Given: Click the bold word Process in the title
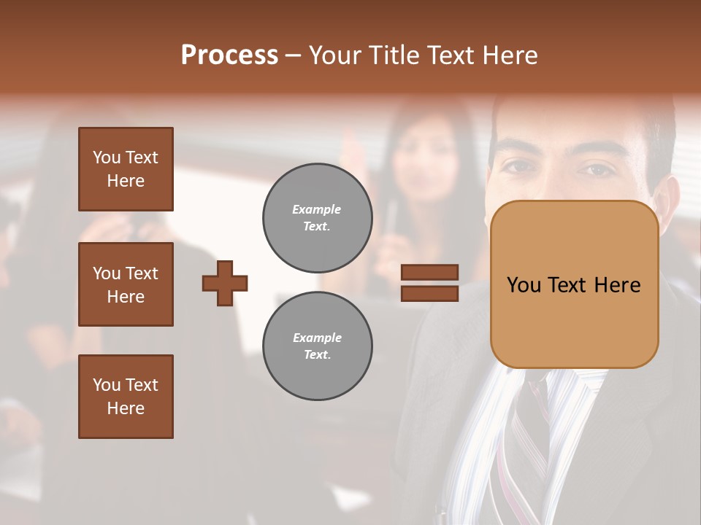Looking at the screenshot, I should [x=229, y=55].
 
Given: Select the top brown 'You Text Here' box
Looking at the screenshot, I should [x=126, y=169].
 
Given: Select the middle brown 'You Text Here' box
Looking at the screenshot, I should [x=126, y=284].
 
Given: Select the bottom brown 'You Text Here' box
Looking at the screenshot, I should [x=126, y=396].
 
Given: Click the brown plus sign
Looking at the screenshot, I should [x=225, y=283].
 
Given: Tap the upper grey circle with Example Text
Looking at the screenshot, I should [x=318, y=218].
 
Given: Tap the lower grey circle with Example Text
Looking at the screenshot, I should [x=318, y=346].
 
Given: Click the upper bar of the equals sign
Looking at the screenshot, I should [x=430, y=273].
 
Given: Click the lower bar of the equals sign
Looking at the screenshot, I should [x=430, y=293].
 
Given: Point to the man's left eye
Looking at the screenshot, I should [x=597, y=169].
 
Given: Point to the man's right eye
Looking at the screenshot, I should [x=520, y=166].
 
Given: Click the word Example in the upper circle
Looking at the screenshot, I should [x=316, y=209].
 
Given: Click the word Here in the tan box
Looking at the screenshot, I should [x=617, y=285].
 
